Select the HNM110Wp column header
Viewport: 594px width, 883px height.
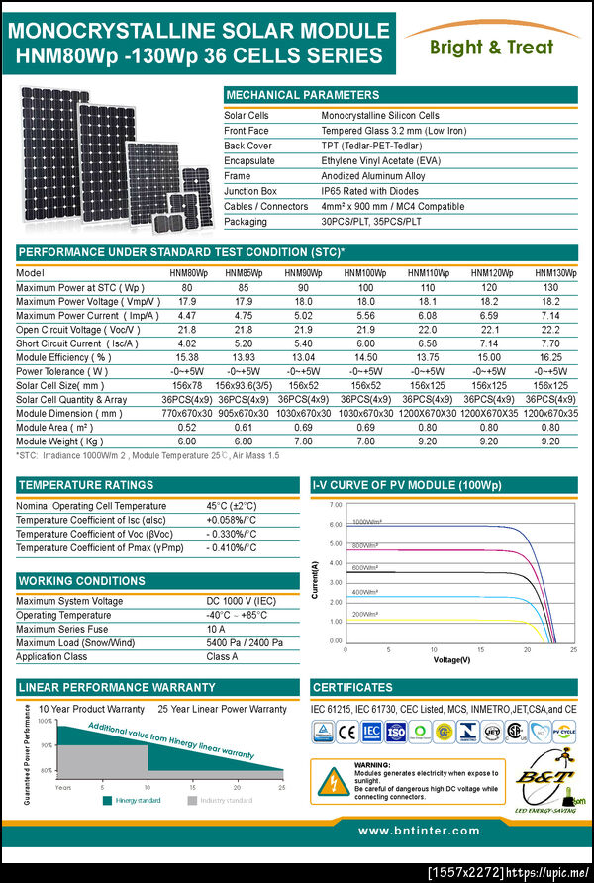click(x=429, y=272)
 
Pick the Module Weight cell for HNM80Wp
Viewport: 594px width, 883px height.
click(x=186, y=441)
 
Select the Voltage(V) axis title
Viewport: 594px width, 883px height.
click(x=451, y=658)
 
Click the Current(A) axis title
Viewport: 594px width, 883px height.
click(x=316, y=580)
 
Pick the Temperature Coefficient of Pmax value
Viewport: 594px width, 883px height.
click(x=231, y=547)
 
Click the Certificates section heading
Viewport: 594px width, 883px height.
click(x=352, y=687)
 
